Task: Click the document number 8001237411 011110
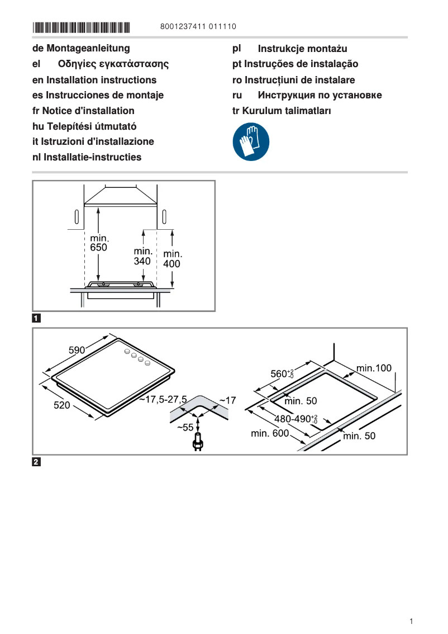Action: [x=198, y=27]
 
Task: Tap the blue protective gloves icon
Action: [x=251, y=142]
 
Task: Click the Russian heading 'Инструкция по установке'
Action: [x=320, y=95]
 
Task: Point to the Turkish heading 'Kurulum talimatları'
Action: [x=288, y=111]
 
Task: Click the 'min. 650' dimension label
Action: [x=99, y=243]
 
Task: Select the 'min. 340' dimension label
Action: [x=143, y=256]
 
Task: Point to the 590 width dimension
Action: [x=77, y=351]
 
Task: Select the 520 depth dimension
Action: [x=61, y=405]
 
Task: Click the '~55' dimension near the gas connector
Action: [x=185, y=427]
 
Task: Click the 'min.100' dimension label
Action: [x=374, y=368]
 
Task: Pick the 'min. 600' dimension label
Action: [x=270, y=433]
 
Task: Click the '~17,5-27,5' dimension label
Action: [x=163, y=399]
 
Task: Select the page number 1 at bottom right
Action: [x=411, y=621]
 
